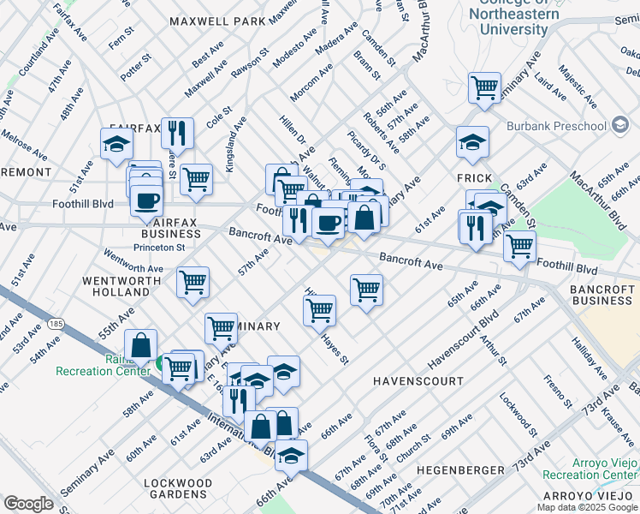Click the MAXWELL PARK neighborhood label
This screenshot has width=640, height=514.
(217, 21)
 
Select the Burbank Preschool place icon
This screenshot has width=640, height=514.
(620, 127)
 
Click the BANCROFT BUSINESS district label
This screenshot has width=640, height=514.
(603, 296)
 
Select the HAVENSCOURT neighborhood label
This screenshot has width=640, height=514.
(418, 380)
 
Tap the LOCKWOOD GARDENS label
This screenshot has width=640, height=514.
(178, 488)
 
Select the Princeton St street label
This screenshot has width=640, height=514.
(156, 248)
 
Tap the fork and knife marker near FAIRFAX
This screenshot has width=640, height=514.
(177, 133)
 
